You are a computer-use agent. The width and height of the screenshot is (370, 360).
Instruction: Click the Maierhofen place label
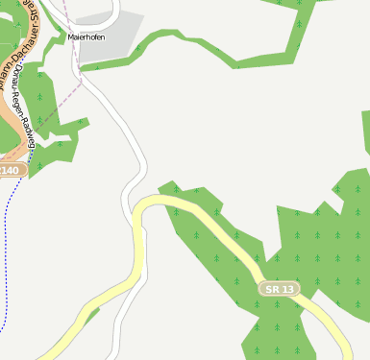[86, 36]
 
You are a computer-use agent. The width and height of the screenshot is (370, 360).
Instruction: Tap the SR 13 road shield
[279, 288]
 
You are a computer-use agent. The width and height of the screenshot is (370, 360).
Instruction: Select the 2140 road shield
[9, 170]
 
